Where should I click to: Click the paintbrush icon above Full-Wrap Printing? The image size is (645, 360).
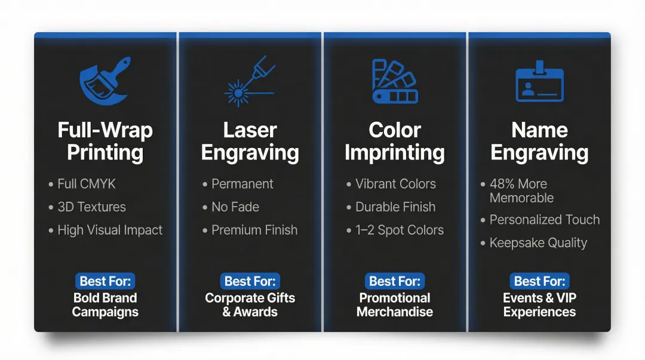click(x=105, y=81)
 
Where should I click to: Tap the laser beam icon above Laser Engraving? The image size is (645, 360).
click(x=250, y=81)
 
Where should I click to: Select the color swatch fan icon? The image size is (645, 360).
click(x=395, y=81)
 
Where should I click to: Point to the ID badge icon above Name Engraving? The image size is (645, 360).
click(x=539, y=82)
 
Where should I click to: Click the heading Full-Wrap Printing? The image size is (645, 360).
click(x=105, y=141)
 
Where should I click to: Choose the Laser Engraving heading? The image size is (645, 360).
click(x=250, y=141)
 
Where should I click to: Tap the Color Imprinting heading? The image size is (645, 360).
click(x=395, y=141)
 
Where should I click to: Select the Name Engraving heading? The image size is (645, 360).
click(x=539, y=141)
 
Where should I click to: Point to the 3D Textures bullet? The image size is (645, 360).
click(x=91, y=207)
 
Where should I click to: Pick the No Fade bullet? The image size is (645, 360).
click(x=235, y=207)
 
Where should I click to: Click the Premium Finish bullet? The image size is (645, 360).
click(x=254, y=230)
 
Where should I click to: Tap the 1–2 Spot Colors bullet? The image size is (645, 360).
click(x=400, y=230)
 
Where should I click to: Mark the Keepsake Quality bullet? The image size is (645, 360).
click(x=538, y=243)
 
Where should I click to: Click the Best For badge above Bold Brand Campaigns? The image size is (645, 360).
click(x=105, y=281)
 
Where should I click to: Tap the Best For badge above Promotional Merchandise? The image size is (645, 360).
click(x=395, y=281)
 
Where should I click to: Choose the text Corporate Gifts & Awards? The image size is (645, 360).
click(x=250, y=304)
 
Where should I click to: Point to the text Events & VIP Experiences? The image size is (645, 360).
click(x=539, y=304)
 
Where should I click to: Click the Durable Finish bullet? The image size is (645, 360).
click(x=395, y=207)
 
